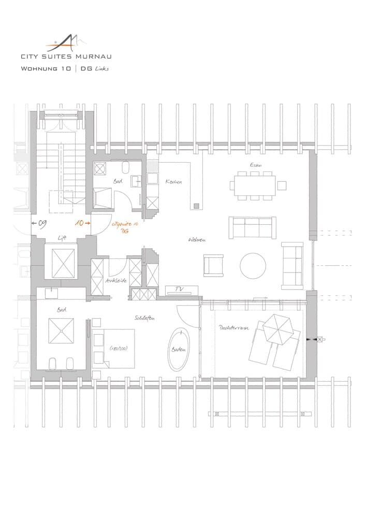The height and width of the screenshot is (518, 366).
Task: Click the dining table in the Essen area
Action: click(254, 185)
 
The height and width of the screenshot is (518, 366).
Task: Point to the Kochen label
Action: click(173, 182)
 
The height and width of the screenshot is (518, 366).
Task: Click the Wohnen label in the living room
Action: click(198, 240)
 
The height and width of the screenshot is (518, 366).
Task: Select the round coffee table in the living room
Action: click(253, 265)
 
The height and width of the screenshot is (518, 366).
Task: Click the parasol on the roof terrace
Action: click(277, 327)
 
